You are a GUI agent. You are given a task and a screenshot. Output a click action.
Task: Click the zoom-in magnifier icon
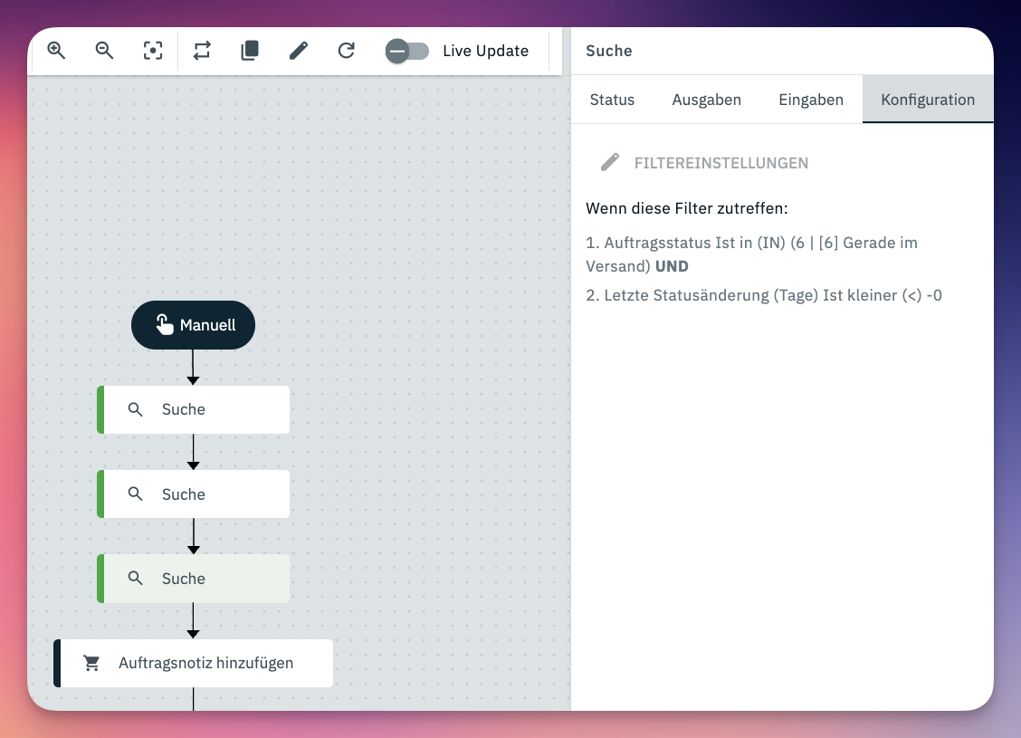pos(57,51)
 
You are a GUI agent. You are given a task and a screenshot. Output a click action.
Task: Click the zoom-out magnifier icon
pos(104,51)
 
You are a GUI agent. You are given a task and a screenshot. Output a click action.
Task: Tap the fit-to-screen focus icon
pos(153,51)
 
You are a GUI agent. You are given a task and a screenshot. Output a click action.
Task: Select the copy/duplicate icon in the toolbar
pos(250,51)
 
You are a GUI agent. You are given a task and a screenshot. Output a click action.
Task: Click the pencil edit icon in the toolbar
pos(298,51)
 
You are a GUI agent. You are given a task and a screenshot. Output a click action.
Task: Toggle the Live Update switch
pos(407,51)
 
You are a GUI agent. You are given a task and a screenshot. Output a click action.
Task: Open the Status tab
pos(612,100)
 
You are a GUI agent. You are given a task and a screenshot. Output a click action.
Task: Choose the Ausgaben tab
pos(707,100)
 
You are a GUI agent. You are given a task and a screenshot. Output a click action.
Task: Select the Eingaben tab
pos(811,100)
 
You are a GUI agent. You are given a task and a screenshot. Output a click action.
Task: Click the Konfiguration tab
pos(928,100)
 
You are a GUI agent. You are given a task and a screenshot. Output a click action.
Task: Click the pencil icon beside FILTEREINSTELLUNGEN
pos(609,162)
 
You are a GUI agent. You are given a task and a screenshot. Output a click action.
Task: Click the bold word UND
pos(672,266)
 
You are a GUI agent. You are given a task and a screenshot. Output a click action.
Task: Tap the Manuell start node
pos(194,325)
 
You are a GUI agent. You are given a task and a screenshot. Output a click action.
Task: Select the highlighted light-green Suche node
pos(194,579)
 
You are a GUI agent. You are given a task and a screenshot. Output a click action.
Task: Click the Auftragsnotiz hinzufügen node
pos(194,663)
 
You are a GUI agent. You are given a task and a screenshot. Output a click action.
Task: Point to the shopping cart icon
pos(91,663)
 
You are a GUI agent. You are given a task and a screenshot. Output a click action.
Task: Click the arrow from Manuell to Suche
pos(193,368)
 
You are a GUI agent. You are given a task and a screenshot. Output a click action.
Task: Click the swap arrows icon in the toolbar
pos(202,51)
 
